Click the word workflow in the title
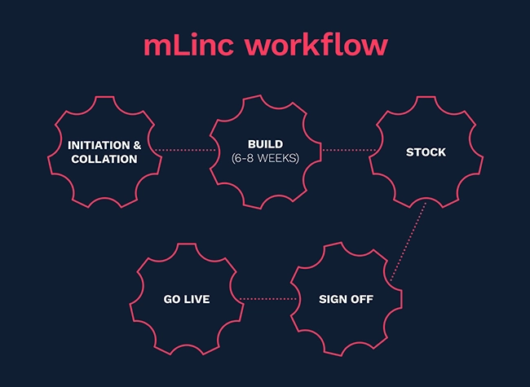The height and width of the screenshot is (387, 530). [312, 46]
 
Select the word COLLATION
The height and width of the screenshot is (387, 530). [104, 159]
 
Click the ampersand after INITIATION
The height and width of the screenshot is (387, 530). [137, 145]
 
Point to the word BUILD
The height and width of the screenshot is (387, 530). [265, 144]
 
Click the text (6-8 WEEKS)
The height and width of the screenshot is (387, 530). [265, 158]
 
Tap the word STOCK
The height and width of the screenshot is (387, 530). [426, 152]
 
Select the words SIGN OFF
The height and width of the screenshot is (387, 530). [346, 299]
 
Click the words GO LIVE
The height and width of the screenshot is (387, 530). [187, 299]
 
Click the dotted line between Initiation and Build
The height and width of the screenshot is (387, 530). [185, 150]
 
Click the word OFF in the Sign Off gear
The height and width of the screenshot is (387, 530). [361, 299]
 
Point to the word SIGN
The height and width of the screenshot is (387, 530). [333, 299]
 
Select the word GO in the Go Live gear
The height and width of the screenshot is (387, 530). [171, 299]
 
